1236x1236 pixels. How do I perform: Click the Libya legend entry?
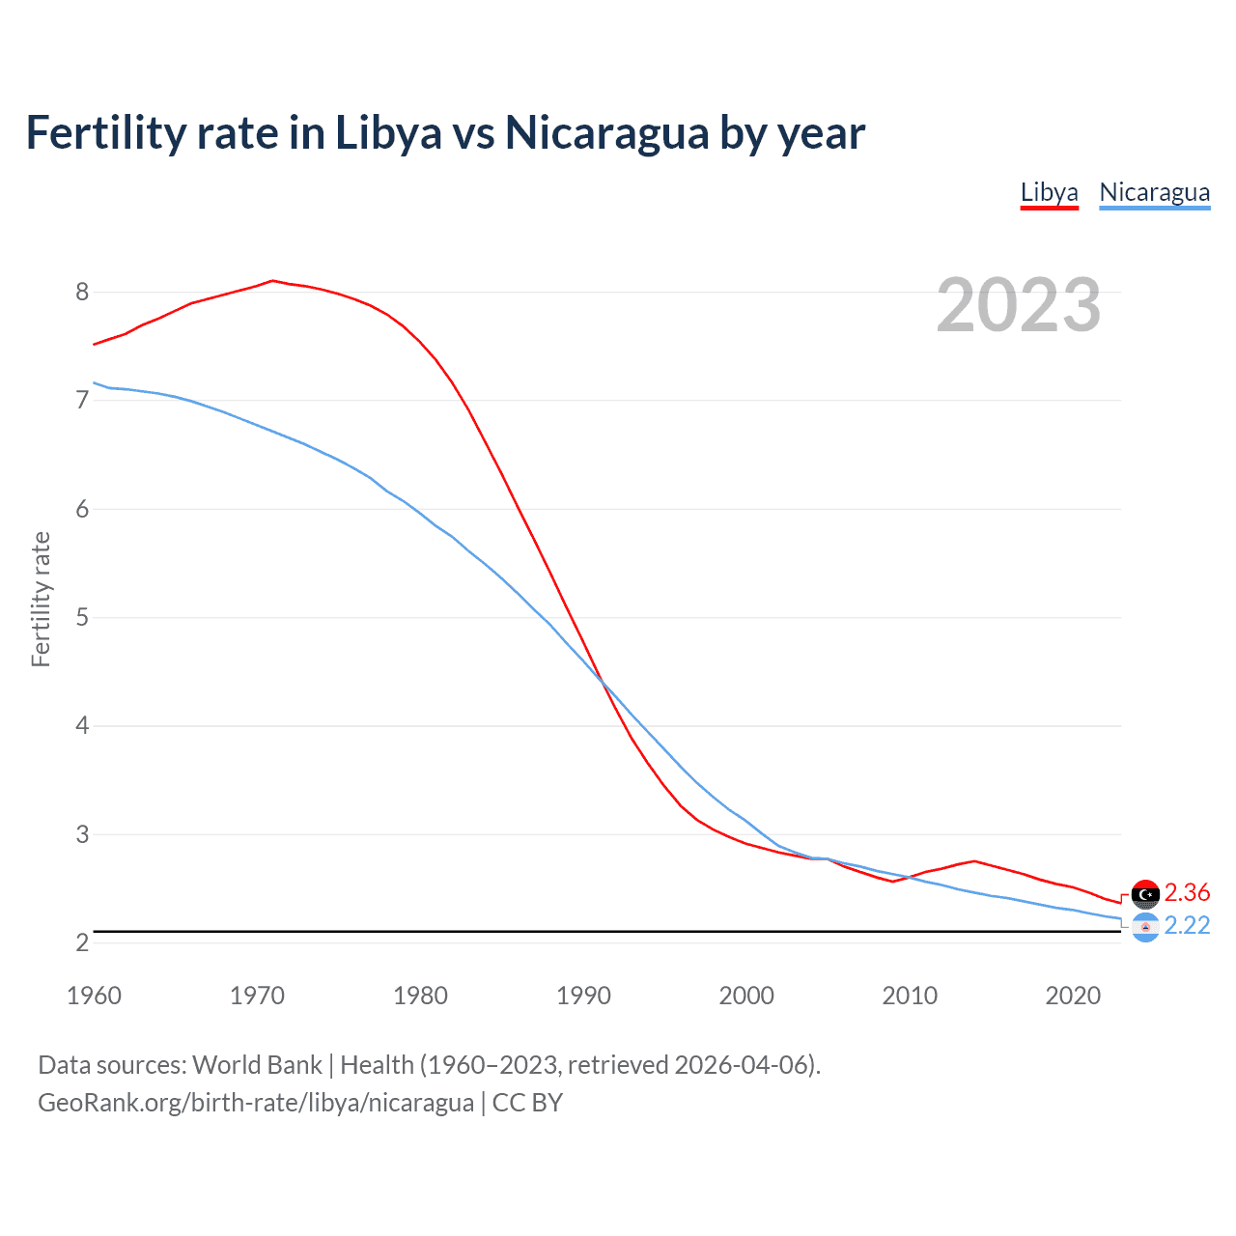click(x=1049, y=192)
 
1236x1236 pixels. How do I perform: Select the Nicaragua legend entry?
click(x=1154, y=192)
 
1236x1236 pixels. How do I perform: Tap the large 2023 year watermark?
click(x=1019, y=305)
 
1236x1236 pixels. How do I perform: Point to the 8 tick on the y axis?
click(x=82, y=292)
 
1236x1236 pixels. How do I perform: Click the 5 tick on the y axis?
click(x=82, y=617)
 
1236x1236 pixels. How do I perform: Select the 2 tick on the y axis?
click(x=82, y=942)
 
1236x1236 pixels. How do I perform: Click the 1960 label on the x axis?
click(x=94, y=996)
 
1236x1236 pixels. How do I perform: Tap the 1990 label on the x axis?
click(x=583, y=996)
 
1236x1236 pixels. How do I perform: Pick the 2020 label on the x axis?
click(x=1073, y=996)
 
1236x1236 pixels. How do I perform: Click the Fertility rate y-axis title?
click(x=41, y=599)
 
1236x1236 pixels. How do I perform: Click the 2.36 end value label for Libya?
click(x=1187, y=892)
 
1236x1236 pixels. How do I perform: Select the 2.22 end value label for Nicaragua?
click(x=1187, y=925)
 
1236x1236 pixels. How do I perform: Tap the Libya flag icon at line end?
click(x=1145, y=894)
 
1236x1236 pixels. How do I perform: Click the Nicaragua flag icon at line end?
click(x=1145, y=927)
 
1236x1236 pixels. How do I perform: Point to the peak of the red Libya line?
click(x=272, y=281)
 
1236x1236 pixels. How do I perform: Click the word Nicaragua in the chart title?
click(x=606, y=133)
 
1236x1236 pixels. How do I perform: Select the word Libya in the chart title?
click(x=388, y=133)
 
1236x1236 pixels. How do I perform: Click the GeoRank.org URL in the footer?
click(x=256, y=1103)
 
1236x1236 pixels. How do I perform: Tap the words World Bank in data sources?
click(x=257, y=1064)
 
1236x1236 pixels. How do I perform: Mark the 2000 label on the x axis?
click(x=746, y=996)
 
